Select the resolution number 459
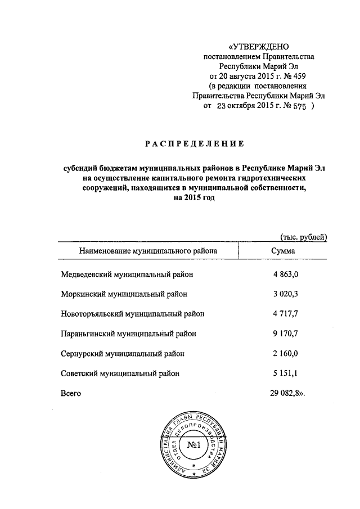point(301,75)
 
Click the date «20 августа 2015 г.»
point(245,75)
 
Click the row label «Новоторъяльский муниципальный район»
point(132,313)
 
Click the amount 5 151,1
point(289,373)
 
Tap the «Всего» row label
point(71,393)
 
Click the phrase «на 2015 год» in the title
point(195,199)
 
